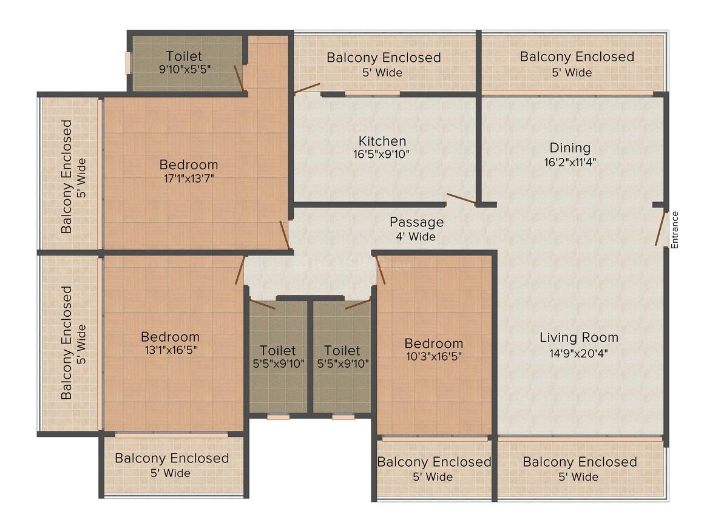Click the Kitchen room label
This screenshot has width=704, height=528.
pos(382,141)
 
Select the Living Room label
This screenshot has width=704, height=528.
pos(579,337)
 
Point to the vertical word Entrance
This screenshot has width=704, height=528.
pos(674,229)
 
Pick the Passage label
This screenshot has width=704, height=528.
pos(416,222)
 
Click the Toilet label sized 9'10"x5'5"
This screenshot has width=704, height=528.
pos(184,56)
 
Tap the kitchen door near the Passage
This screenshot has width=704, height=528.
pos(461,198)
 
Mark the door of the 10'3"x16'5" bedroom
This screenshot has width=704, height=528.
pos(381,270)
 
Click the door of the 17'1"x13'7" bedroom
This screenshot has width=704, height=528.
pos(285,234)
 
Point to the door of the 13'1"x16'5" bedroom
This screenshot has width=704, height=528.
pos(240,270)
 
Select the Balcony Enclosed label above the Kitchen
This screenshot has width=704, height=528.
pos(384,58)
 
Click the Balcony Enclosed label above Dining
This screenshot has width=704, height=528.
pos(577,56)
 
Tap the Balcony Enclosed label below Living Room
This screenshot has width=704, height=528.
pos(580,462)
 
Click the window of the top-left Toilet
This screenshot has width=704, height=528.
pos(128,63)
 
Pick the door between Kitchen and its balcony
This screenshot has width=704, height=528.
pos(307,89)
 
